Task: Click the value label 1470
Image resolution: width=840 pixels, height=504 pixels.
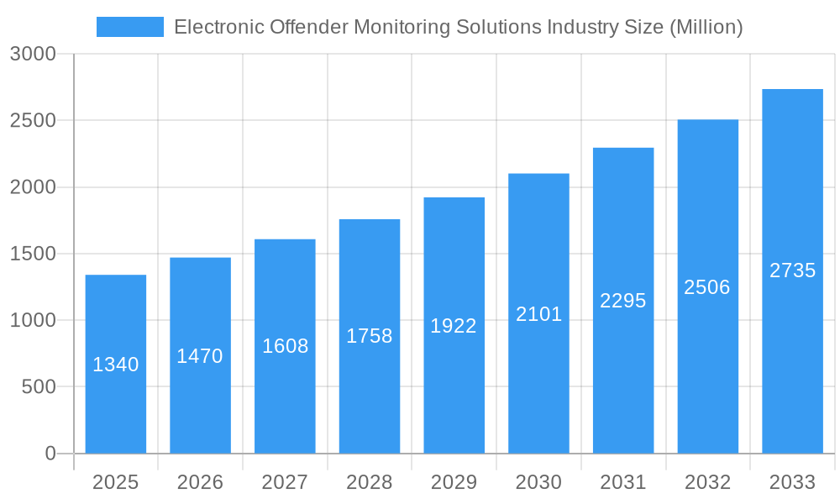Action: pos(200,356)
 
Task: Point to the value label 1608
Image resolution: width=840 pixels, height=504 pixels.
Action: pos(285,346)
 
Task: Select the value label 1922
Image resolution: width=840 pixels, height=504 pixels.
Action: pos(454,326)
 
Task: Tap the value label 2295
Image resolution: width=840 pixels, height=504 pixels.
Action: pos(623,301)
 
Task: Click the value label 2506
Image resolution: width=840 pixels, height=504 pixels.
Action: pos(707,287)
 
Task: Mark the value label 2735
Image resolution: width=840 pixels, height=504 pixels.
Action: pos(792,270)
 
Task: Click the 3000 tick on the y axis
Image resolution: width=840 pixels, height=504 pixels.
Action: pos(33,55)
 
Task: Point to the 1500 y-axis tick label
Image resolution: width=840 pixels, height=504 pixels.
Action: pos(33,254)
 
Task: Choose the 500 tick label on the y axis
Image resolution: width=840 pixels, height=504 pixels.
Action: pos(39,387)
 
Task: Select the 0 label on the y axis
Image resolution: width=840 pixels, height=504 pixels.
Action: pos(50,454)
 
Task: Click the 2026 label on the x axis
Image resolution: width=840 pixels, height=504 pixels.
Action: pos(200,483)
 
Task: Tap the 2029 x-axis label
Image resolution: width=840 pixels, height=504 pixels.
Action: pos(454,483)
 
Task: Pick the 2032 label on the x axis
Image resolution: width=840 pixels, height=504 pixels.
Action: pos(707,483)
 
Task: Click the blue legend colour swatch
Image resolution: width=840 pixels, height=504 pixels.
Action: pos(129,27)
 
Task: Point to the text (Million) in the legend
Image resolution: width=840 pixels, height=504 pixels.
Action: pos(706,27)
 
